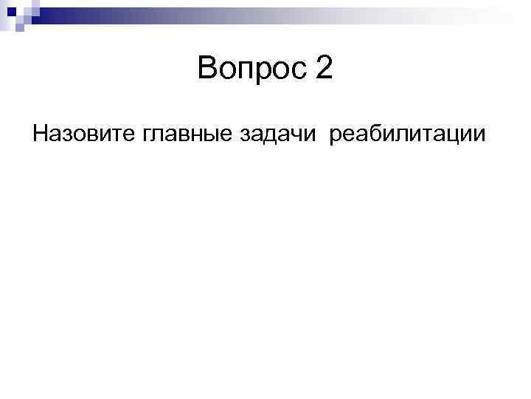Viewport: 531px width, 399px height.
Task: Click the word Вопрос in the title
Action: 251,70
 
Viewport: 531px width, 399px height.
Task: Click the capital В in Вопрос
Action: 208,70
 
